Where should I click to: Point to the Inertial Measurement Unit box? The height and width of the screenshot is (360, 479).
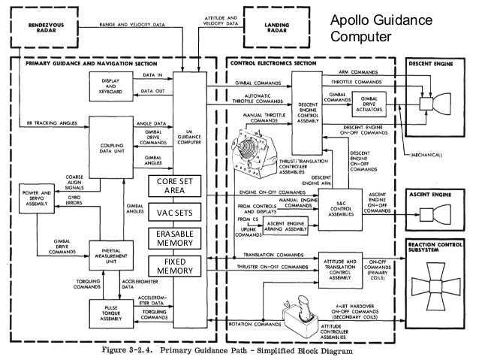pos(111,258)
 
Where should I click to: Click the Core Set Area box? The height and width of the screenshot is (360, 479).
pos(174,186)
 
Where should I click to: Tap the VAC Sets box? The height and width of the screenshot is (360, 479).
pos(174,213)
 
